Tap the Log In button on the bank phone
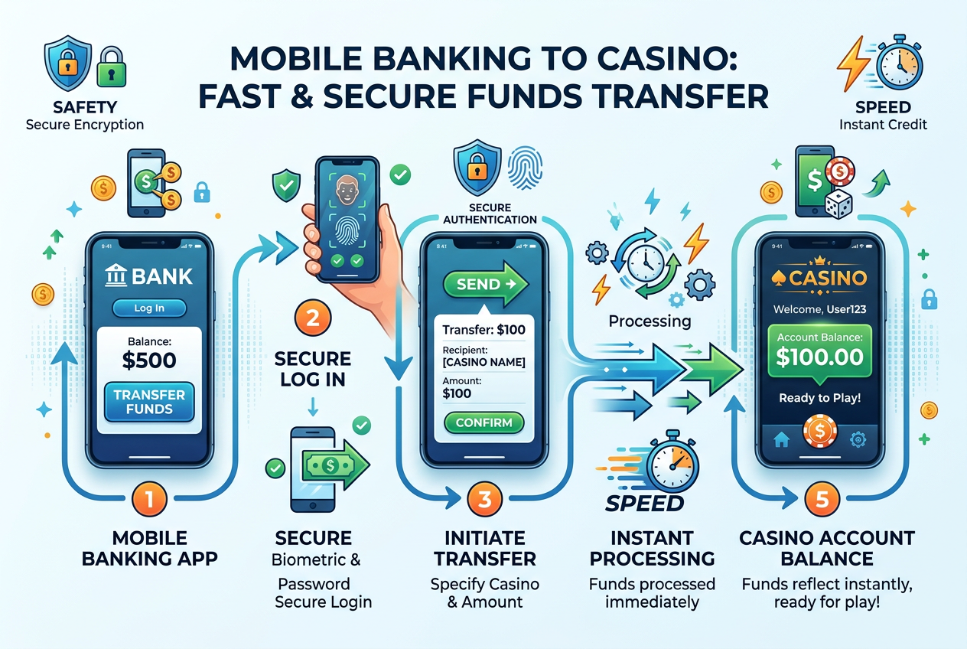point(149,308)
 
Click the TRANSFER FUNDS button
point(149,402)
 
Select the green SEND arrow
point(486,284)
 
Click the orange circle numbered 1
point(149,499)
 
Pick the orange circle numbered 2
point(313,318)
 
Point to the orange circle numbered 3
point(485,499)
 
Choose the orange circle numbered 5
point(822,499)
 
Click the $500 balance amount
point(149,360)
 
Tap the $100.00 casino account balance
point(819,357)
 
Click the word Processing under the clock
point(650,321)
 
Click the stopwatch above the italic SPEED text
point(672,461)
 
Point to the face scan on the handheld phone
point(347,190)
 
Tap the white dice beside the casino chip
point(838,204)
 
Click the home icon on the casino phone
point(782,439)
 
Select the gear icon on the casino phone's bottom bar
point(858,439)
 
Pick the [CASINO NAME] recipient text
point(484,362)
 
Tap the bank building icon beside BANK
point(116,276)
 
